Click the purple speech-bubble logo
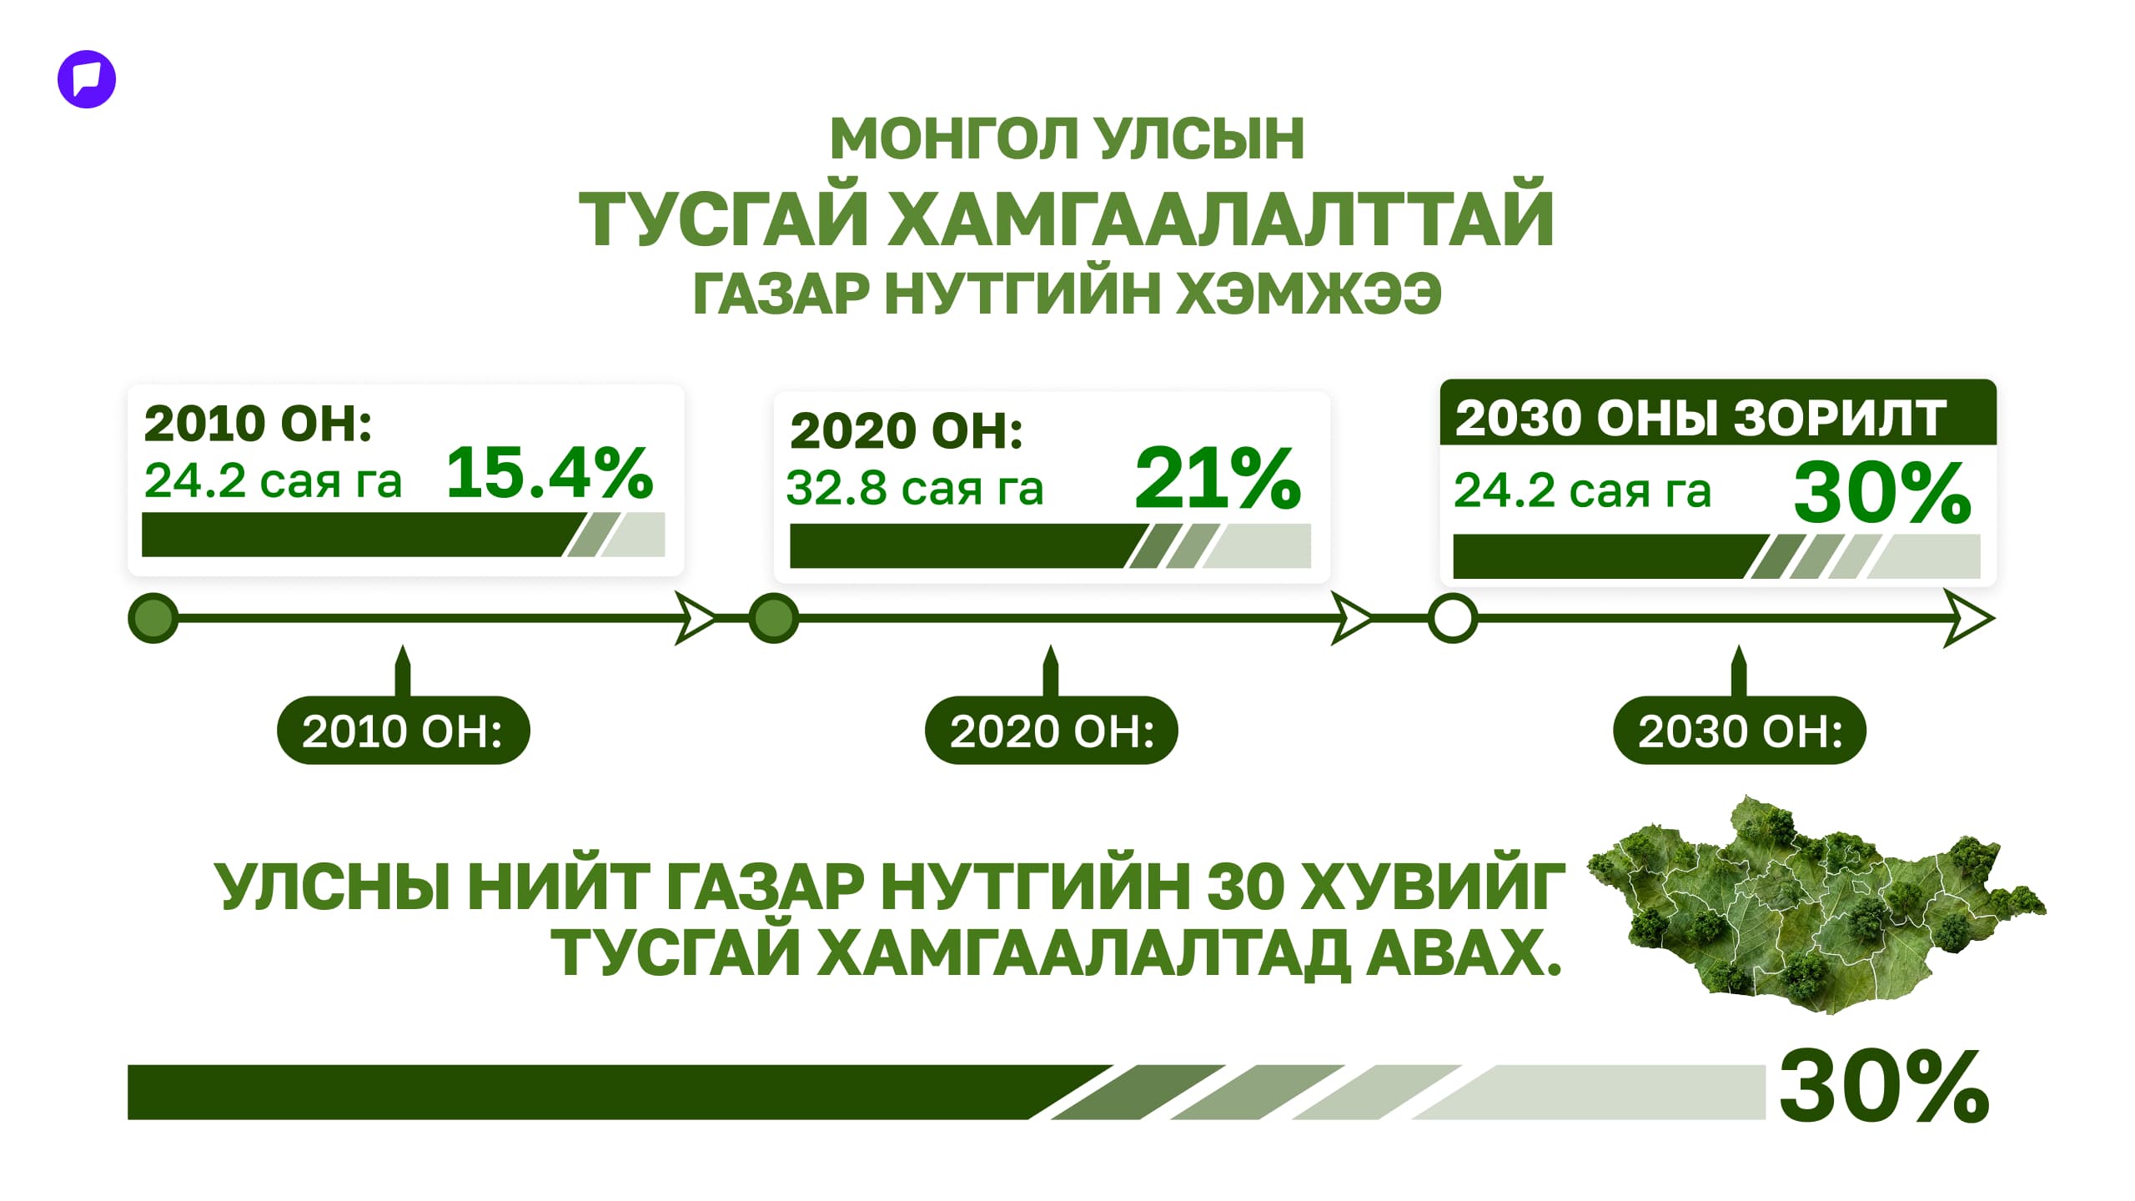tap(87, 80)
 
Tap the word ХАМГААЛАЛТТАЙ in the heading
tap(1220, 219)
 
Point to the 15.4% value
tap(549, 473)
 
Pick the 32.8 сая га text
tap(915, 488)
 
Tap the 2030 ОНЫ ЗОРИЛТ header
tap(1700, 417)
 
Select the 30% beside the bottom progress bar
tap(1884, 1087)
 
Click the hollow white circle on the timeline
tap(1452, 619)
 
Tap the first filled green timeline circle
tap(153, 619)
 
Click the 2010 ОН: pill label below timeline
tap(403, 731)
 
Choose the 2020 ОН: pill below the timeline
tap(1051, 731)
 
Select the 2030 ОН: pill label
tap(1740, 731)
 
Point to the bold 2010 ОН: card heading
tap(258, 423)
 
